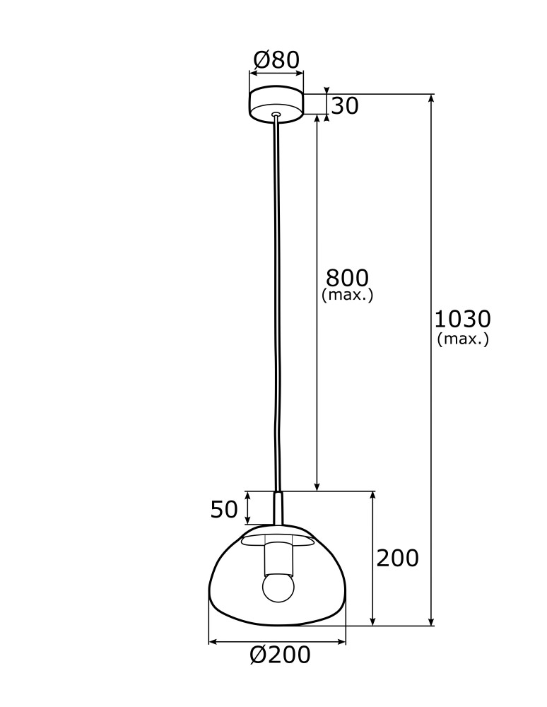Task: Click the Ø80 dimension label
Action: (x=276, y=59)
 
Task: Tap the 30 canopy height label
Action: (x=346, y=106)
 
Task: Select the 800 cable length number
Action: (x=347, y=277)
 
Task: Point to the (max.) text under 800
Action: (x=347, y=295)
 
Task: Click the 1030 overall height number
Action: (x=463, y=319)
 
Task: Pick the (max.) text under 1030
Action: (x=463, y=339)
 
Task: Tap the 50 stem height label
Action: (x=224, y=509)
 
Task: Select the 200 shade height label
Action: (x=396, y=559)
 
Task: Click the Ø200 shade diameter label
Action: (x=280, y=656)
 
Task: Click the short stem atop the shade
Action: (x=278, y=508)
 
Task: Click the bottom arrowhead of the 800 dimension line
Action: (x=317, y=486)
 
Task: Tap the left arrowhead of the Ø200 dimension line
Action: (x=213, y=642)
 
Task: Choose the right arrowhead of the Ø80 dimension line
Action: (x=299, y=73)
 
